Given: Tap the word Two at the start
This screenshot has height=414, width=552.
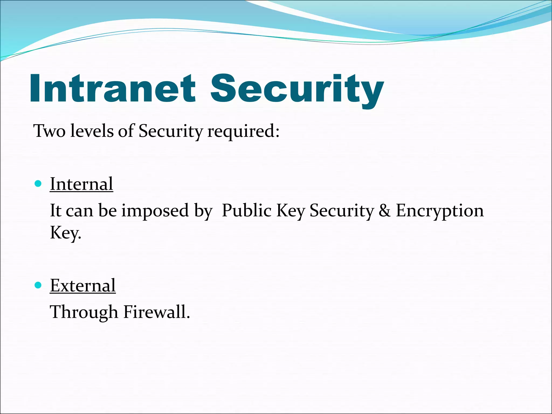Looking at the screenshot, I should pos(49,131).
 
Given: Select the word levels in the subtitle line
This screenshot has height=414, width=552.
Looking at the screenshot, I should pos(92,131).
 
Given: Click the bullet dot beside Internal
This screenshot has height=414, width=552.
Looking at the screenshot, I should pos(38,184).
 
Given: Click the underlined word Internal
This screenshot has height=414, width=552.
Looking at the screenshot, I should pos(81,184).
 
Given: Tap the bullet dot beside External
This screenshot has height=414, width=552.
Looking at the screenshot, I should pos(38,285).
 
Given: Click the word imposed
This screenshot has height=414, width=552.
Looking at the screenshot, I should pos(155,211).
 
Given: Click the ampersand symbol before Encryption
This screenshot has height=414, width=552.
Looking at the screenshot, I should pos(384,211).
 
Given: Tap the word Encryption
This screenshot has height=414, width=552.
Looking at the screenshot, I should pos(440,211).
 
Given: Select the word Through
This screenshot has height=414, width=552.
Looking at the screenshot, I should pos(84,312).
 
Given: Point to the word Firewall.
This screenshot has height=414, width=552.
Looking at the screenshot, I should pos(157,312).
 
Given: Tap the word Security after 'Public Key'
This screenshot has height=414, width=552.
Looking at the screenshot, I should pos(342,211).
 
